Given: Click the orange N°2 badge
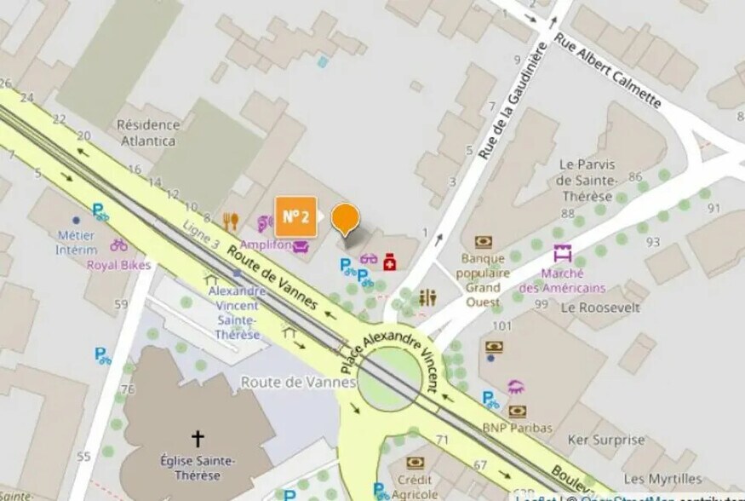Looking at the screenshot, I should coord(295,216).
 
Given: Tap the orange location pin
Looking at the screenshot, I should coord(345,219).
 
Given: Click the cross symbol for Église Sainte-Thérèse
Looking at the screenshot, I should coord(198,438).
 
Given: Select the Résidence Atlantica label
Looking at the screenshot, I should coord(147,132).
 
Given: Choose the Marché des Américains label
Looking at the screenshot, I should coord(561,280).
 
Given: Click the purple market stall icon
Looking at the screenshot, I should coord(561,253).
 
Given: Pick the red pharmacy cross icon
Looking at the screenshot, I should coord(390,260).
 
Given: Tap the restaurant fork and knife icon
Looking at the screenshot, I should coord(230,222).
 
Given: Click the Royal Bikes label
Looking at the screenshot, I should coord(118,265).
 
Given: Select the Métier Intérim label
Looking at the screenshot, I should coord(76,242).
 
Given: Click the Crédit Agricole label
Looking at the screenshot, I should coord(415,487).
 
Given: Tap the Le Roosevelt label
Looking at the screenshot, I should coord(600,308).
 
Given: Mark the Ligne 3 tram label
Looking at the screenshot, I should coord(202,236).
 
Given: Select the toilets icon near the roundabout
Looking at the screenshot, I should coord(427,297).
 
